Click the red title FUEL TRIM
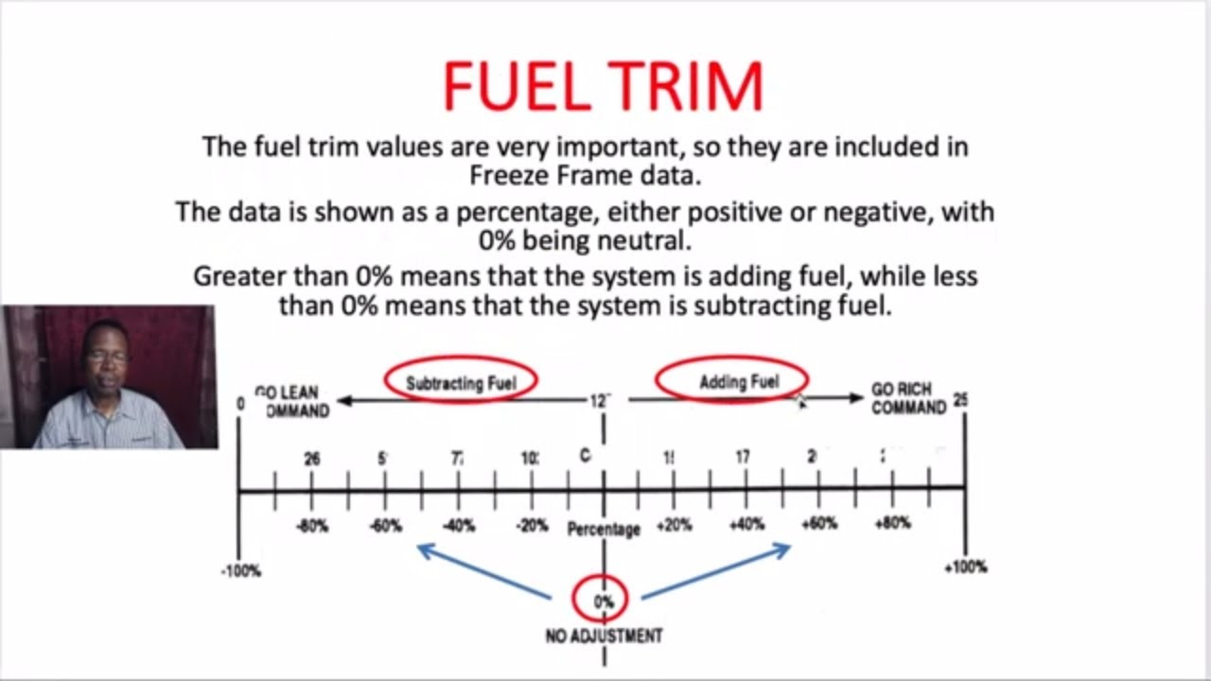pyautogui.click(x=603, y=86)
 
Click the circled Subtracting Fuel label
pyautogui.click(x=461, y=382)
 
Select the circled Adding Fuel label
pyautogui.click(x=739, y=382)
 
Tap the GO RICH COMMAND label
pyautogui.click(x=908, y=399)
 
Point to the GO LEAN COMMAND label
pyautogui.click(x=291, y=401)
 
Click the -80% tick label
pyautogui.click(x=312, y=526)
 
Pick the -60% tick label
pyautogui.click(x=386, y=526)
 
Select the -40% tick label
pyautogui.click(x=459, y=526)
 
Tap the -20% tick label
pyautogui.click(x=532, y=526)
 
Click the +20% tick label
pyautogui.click(x=674, y=526)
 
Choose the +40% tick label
pyautogui.click(x=746, y=525)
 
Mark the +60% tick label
pyautogui.click(x=819, y=524)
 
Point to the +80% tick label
pyautogui.click(x=892, y=523)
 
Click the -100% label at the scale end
pyautogui.click(x=241, y=571)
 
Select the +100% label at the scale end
pyautogui.click(x=966, y=567)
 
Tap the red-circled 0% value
pyautogui.click(x=603, y=601)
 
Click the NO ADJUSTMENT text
pyautogui.click(x=604, y=636)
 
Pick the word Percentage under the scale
pyautogui.click(x=604, y=530)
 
